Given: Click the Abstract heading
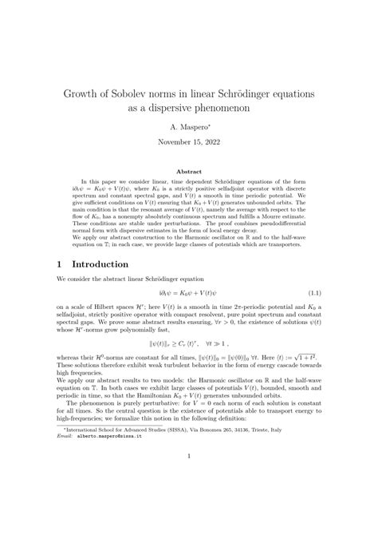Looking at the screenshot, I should pos(189,171).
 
